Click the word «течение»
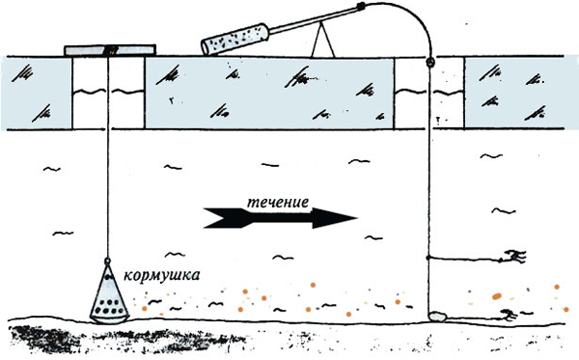pyautogui.click(x=278, y=203)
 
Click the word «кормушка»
pyautogui.click(x=162, y=275)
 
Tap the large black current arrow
pyautogui.click(x=280, y=218)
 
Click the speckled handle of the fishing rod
pyautogui.click(x=234, y=39)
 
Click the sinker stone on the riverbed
pyautogui.click(x=438, y=317)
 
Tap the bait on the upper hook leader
pyautogui.click(x=515, y=256)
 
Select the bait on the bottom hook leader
pyautogui.click(x=509, y=315)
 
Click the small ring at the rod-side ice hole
pyautogui.click(x=429, y=62)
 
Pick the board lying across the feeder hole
pyautogui.click(x=110, y=50)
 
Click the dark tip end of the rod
pyautogui.click(x=361, y=6)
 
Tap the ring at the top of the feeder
pyautogui.click(x=107, y=261)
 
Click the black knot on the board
pyautogui.click(x=111, y=50)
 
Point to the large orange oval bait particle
pyautogui.click(x=497, y=295)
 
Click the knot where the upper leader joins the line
pyautogui.click(x=428, y=258)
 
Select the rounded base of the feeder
pyautogui.click(x=110, y=318)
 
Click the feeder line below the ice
pyautogui.click(x=108, y=194)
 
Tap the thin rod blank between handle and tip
pyautogui.click(x=313, y=21)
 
